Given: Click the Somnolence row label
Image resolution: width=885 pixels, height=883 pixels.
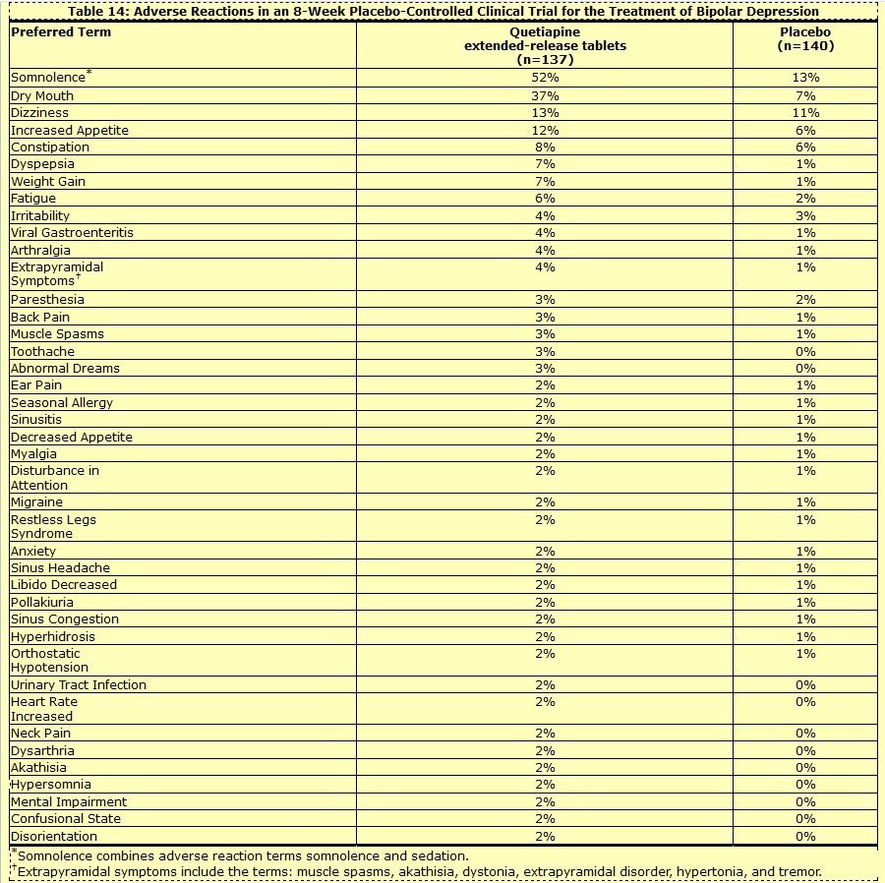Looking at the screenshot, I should (x=48, y=78).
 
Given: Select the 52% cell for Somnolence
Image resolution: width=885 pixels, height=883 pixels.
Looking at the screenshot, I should (x=545, y=78).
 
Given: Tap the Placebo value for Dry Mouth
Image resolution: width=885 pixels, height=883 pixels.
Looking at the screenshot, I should (x=805, y=96).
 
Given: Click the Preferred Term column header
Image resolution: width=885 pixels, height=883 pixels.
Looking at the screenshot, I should (x=61, y=32).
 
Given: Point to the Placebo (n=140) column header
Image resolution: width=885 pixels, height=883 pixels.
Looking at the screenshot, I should (x=805, y=38).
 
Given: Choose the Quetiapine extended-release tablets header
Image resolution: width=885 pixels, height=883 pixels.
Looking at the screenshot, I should (x=545, y=45).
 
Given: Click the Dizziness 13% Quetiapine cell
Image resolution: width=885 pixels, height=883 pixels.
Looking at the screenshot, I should (x=545, y=113).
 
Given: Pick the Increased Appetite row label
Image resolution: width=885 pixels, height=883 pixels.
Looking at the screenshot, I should (x=70, y=131).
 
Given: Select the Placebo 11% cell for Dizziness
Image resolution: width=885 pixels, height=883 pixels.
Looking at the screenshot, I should (x=805, y=113).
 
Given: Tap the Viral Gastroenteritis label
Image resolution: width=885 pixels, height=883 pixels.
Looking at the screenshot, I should (x=72, y=233).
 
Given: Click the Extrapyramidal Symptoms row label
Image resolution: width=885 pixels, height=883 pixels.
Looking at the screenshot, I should (x=57, y=273).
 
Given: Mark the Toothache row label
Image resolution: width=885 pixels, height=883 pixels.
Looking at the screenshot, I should (x=42, y=351).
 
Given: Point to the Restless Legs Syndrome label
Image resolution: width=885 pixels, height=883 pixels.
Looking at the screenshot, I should (x=53, y=526).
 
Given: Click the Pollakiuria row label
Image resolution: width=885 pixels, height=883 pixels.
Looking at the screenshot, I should (x=42, y=602).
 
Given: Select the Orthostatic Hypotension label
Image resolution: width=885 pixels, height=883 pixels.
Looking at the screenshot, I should (x=49, y=660).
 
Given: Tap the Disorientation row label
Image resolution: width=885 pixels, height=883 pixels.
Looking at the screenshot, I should (x=54, y=836).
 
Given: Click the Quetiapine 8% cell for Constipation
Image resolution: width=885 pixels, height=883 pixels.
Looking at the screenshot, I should (x=545, y=147).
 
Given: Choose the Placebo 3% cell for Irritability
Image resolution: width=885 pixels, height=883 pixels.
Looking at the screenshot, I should (x=805, y=215).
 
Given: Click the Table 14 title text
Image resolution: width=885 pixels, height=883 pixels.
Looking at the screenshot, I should (x=442, y=12).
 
